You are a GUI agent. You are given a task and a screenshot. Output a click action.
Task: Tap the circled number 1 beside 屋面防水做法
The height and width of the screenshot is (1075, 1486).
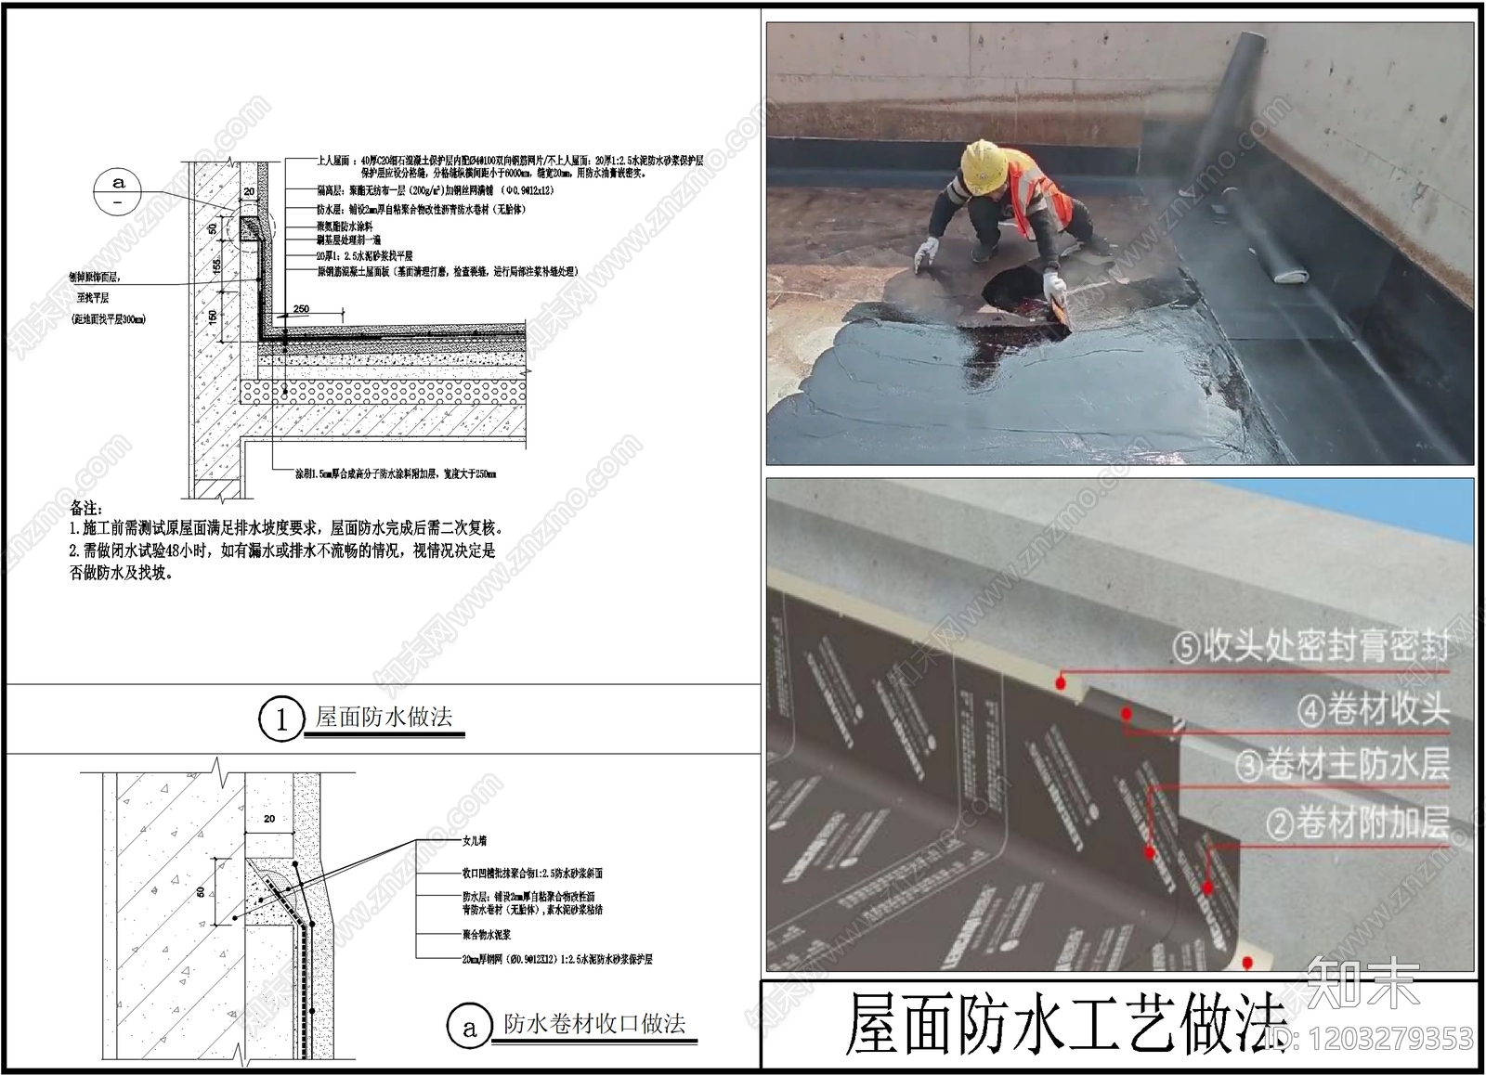281,719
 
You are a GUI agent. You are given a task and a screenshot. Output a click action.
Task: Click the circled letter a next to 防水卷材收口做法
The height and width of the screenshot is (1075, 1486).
469,1027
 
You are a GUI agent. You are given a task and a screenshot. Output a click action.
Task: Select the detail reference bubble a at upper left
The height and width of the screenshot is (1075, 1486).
118,192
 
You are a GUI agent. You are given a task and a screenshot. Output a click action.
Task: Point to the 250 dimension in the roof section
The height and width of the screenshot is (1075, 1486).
301,309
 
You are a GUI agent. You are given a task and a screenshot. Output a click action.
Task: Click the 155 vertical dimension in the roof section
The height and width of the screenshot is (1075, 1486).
215,266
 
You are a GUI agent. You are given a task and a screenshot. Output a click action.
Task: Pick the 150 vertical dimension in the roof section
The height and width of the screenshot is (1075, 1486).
214,316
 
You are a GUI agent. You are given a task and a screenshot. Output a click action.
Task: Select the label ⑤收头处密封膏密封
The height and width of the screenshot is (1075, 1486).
1310,647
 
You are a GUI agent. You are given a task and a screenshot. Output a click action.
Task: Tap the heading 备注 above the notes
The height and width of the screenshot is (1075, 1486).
85,508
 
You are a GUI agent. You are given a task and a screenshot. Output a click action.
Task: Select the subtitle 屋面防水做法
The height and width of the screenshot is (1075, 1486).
384,717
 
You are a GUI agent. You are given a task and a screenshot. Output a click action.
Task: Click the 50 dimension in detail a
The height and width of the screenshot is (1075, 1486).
202,892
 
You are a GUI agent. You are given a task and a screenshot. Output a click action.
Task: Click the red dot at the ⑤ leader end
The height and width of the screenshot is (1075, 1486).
1060,682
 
